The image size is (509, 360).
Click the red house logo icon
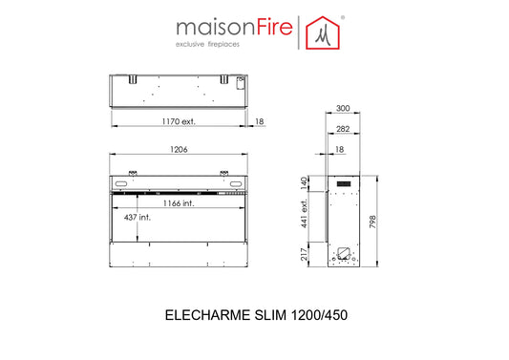pyautogui.click(x=323, y=32)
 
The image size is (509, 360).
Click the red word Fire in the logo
pyautogui.click(x=275, y=28)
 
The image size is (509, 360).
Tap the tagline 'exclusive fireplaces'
pyautogui.click(x=207, y=44)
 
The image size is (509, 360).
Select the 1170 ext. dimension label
pyautogui.click(x=179, y=121)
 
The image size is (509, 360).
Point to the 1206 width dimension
pyautogui.click(x=179, y=149)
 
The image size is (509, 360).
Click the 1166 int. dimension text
pyautogui.click(x=179, y=203)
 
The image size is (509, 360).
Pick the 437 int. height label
pyautogui.click(x=138, y=217)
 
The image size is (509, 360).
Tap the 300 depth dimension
pyautogui.click(x=343, y=108)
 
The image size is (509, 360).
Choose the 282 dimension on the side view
pyautogui.click(x=343, y=129)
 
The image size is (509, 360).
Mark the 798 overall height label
pyautogui.click(x=372, y=222)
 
